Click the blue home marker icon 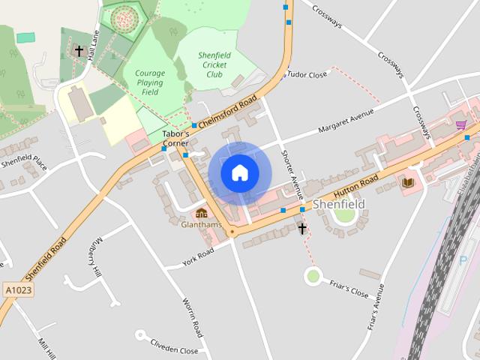coord(240,173)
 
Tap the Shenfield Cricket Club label coord(214,65)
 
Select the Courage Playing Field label coord(150,82)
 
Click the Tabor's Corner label coord(176,138)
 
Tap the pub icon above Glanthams coord(201,213)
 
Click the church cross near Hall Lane coord(79,51)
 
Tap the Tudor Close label coord(307,75)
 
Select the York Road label coord(199,256)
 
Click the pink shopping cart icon coord(460,125)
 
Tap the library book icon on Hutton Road coord(409,182)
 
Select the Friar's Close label coord(349,288)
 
